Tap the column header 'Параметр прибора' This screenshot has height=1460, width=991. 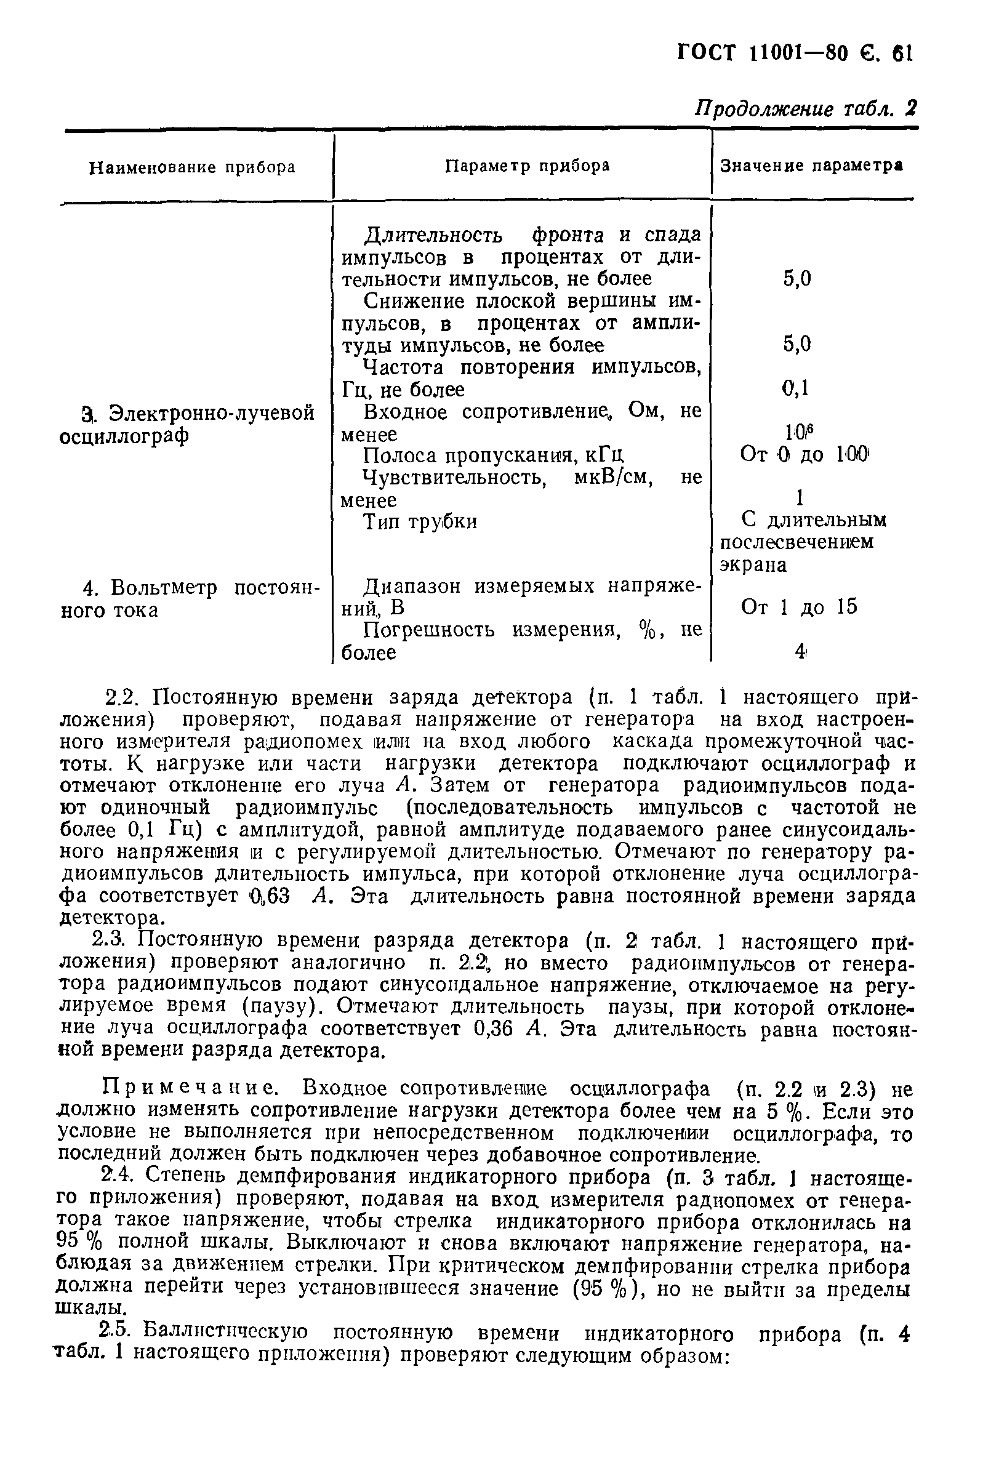point(528,166)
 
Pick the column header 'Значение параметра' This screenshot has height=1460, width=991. point(811,166)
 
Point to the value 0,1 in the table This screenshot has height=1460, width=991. point(795,388)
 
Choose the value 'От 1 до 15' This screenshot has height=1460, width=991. point(799,607)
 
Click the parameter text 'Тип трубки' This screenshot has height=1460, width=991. point(420,522)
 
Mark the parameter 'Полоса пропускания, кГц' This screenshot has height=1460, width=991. point(493,455)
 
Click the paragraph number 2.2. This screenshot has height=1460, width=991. point(125,699)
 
